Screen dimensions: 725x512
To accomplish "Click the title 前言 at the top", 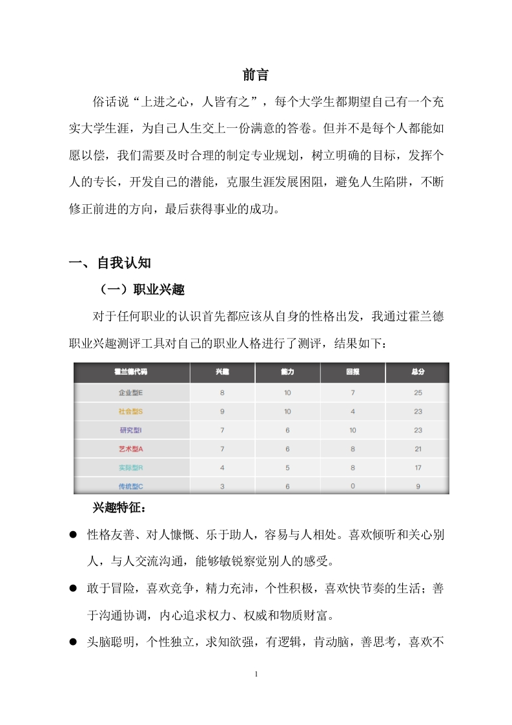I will [x=256, y=75].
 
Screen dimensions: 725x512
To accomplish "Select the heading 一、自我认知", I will [x=110, y=262].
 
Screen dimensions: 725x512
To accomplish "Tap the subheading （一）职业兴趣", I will [x=139, y=289].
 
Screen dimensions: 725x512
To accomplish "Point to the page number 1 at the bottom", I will [x=256, y=675].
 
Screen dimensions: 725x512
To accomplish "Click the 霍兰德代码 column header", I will [x=130, y=373].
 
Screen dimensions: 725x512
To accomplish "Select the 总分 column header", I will [x=417, y=373].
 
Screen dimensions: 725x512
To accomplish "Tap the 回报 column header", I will [x=353, y=373].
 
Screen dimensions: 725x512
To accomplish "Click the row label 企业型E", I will [x=130, y=393].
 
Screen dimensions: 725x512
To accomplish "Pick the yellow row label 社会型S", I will [x=130, y=412].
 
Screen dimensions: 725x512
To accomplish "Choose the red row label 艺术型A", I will [x=130, y=449].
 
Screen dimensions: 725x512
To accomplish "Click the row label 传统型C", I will [x=130, y=486].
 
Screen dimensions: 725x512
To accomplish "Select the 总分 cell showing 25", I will [x=417, y=393].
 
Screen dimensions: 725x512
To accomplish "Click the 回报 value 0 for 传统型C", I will [x=353, y=486].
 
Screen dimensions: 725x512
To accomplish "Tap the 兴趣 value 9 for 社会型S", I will [x=222, y=412].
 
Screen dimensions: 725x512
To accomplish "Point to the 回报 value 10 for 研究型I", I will [x=353, y=430].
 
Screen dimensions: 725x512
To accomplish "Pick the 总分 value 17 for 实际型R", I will [x=417, y=468].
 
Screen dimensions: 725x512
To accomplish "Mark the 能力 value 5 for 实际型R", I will [x=287, y=468].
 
